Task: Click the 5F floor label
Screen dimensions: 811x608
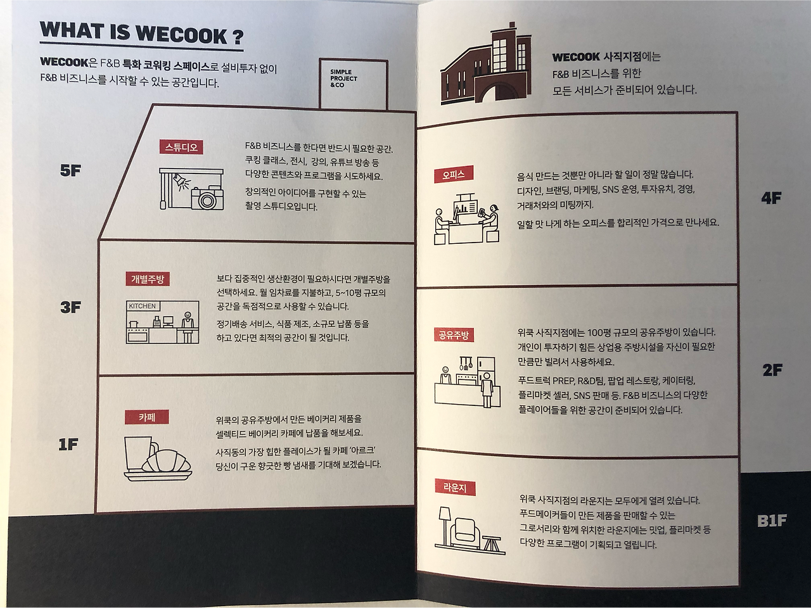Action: point(70,171)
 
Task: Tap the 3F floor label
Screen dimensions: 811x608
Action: point(70,308)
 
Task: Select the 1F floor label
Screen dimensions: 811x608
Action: point(68,445)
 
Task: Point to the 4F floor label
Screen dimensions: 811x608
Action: point(771,199)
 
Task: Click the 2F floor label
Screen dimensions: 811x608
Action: point(772,370)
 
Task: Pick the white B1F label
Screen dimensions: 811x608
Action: point(772,521)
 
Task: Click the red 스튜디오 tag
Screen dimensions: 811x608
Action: point(181,147)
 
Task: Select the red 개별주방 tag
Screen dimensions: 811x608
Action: point(148,279)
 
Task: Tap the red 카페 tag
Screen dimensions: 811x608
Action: point(147,417)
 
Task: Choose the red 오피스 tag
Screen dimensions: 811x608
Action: point(454,175)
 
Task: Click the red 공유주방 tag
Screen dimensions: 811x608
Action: point(454,335)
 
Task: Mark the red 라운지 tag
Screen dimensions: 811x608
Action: point(455,488)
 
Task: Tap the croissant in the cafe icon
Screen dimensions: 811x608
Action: point(167,462)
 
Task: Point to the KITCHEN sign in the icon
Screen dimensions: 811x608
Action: point(143,306)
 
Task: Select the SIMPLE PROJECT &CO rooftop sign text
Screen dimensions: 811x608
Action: point(343,79)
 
